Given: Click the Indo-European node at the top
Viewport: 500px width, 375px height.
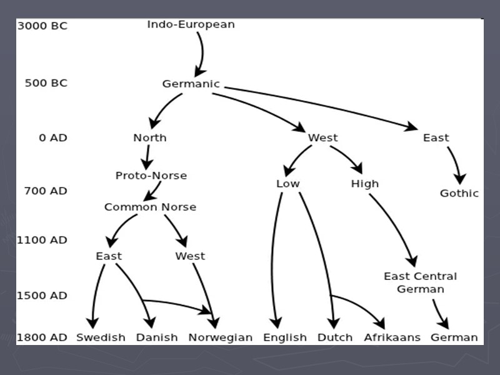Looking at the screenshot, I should [191, 25].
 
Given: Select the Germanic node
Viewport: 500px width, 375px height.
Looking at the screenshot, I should [191, 84].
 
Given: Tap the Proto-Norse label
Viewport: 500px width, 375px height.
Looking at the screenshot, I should [151, 176].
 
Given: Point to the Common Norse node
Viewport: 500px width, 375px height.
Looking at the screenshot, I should [150, 207].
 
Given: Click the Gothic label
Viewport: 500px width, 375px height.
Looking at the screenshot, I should [459, 193].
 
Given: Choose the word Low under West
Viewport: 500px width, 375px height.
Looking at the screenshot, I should [287, 184].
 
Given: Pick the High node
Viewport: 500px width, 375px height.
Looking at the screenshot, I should [364, 184].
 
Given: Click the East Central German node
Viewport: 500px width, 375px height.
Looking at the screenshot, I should [420, 282].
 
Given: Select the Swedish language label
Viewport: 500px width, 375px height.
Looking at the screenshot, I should [101, 337].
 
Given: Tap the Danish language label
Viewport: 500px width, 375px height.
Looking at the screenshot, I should [157, 337].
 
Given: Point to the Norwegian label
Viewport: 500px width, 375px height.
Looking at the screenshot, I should [220, 337].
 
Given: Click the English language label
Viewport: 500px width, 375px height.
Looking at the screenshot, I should [285, 337].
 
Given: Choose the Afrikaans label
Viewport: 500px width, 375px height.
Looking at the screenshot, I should [392, 337].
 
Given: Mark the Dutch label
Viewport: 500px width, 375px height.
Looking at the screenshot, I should [335, 337].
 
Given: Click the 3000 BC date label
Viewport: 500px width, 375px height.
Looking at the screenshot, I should [42, 26].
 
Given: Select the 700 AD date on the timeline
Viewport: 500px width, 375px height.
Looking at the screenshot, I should [46, 191].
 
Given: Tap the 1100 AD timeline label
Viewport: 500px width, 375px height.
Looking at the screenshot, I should [42, 240].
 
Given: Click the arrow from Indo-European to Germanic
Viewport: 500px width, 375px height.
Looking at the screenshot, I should [201, 53].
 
